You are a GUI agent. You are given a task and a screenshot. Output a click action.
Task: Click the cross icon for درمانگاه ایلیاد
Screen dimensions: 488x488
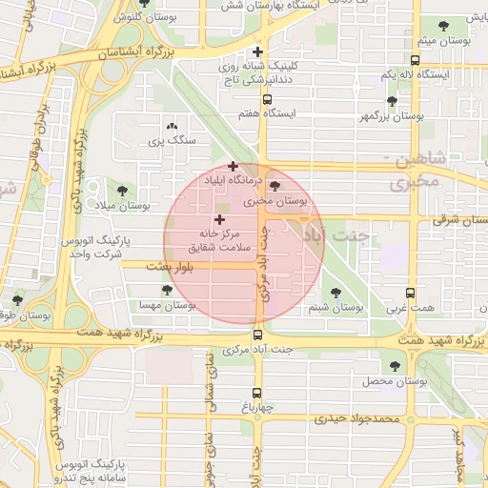[233, 166]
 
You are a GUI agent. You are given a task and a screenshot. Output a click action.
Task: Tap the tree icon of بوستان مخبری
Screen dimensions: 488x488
[276, 186]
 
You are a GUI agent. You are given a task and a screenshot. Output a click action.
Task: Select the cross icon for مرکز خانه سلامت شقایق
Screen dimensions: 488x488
[221, 219]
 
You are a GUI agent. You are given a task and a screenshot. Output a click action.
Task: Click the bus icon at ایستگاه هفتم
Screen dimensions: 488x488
[267, 98]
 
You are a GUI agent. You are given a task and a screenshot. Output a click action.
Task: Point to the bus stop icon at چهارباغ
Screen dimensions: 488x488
[257, 393]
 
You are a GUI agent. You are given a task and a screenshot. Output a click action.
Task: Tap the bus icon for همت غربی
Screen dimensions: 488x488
[411, 293]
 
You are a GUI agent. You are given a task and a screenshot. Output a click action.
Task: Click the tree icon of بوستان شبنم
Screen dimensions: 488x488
[335, 293]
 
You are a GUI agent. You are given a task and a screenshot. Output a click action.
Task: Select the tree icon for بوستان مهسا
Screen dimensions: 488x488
[167, 290]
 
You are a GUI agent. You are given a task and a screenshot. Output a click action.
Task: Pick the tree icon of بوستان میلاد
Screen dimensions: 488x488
[120, 190]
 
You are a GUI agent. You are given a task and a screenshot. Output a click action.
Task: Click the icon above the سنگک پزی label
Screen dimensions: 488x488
[172, 126]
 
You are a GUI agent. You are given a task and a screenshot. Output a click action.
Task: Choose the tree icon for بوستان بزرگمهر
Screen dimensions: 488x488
[392, 100]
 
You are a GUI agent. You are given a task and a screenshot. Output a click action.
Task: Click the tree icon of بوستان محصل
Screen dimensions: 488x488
[393, 365]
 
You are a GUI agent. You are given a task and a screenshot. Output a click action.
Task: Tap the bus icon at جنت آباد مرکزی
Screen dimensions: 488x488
[257, 335]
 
